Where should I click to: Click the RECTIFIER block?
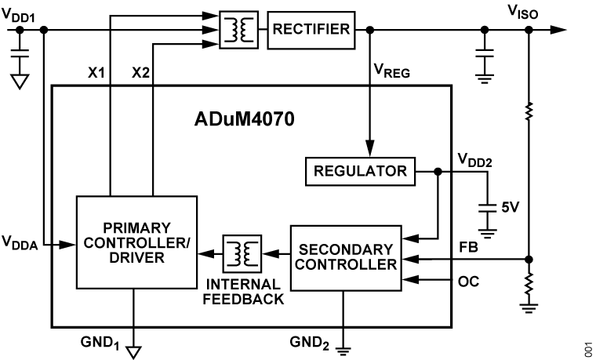click(x=311, y=30)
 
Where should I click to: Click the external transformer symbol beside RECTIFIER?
click(x=238, y=30)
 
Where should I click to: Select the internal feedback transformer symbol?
click(x=241, y=253)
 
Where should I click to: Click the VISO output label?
click(x=524, y=11)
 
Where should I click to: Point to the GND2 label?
click(x=312, y=341)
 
